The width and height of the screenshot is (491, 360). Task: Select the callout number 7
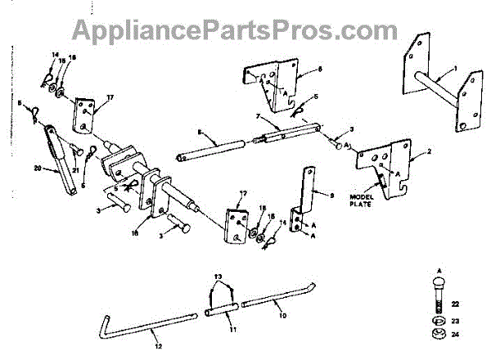[x=257, y=117]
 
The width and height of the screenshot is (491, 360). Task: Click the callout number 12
[x=160, y=347]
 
